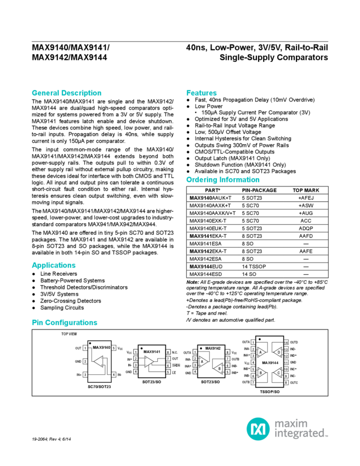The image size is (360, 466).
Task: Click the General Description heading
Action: pyautogui.click(x=66, y=93)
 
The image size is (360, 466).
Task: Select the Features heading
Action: pyautogui.click(x=202, y=93)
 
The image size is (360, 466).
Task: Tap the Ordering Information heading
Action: pyautogui.click(x=222, y=180)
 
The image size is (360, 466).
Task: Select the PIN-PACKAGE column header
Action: pyautogui.click(x=259, y=190)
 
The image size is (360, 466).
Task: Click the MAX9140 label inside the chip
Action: pyautogui.click(x=101, y=348)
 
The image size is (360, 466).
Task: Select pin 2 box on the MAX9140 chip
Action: pyautogui.click(x=85, y=362)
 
